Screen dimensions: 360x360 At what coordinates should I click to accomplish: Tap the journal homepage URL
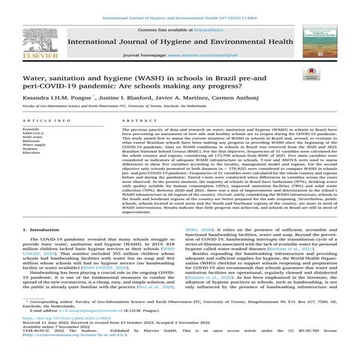tap(232, 56)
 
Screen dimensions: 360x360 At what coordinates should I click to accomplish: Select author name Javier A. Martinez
tap(181, 98)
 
